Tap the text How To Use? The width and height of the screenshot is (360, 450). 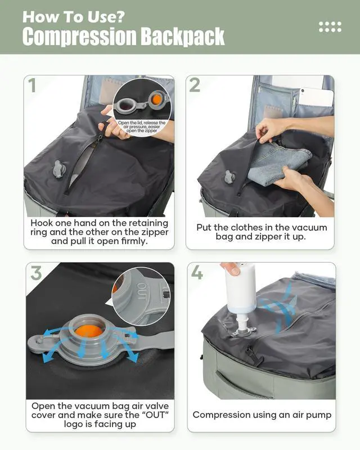point(74,17)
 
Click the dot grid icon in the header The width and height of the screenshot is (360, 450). point(330,26)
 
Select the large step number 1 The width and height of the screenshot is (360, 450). point(32,85)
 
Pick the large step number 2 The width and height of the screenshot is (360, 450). point(195,85)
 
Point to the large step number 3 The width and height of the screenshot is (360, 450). point(36,273)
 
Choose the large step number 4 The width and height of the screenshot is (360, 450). point(197,272)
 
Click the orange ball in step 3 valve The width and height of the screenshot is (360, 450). point(88,331)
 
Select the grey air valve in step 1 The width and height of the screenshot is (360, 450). point(59,169)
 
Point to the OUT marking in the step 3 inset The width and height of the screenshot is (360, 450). point(142,291)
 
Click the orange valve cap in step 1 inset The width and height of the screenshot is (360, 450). point(156,99)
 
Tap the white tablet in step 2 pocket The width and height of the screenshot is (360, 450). point(316,97)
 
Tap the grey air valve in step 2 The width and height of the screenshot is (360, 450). point(230,177)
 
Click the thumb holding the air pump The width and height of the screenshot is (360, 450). point(232,269)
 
